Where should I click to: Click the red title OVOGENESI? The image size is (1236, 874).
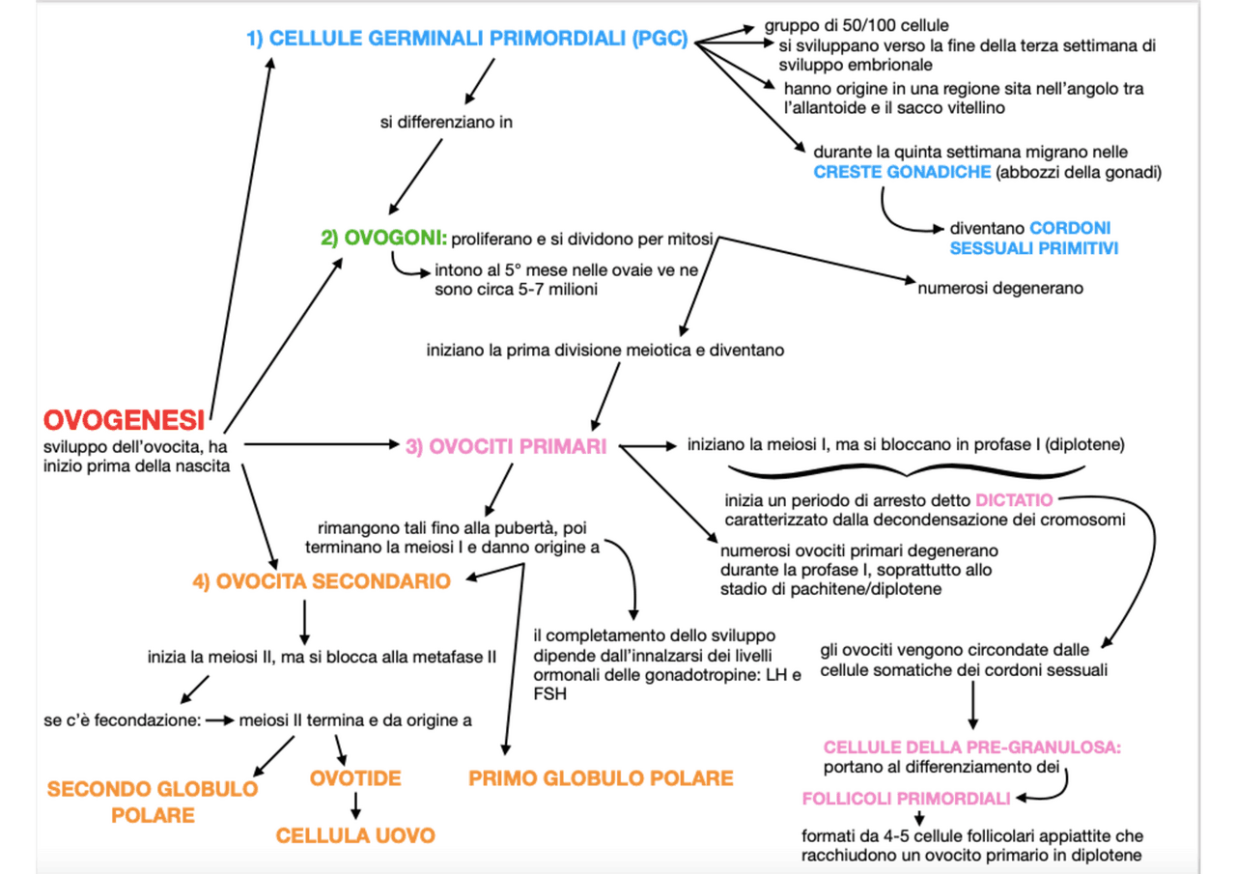point(124,419)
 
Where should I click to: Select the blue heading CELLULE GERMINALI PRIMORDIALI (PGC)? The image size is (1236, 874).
point(467,40)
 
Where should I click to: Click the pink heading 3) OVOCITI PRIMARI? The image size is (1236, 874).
point(505,446)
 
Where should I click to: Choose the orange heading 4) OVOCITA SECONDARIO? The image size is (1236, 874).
point(321,581)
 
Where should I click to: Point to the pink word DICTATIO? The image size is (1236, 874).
point(1014,501)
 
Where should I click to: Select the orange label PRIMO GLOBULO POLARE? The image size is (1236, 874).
point(601,778)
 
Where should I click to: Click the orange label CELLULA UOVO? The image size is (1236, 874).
point(355,836)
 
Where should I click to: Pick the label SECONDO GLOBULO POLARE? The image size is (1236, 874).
point(153,802)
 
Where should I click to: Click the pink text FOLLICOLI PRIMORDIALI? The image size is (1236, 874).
point(906,799)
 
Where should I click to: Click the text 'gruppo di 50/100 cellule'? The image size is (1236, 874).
point(857,25)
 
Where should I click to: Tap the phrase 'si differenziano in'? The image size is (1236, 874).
point(445,123)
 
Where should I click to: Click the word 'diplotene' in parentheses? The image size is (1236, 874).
point(1087,445)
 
